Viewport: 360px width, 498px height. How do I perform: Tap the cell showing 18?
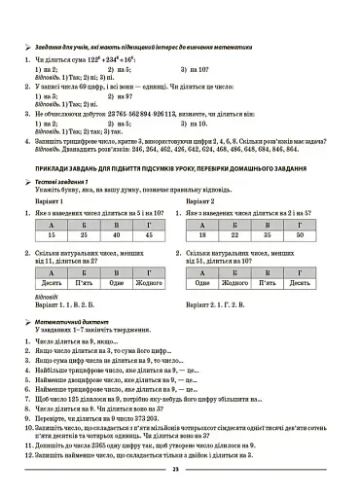(203, 235)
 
